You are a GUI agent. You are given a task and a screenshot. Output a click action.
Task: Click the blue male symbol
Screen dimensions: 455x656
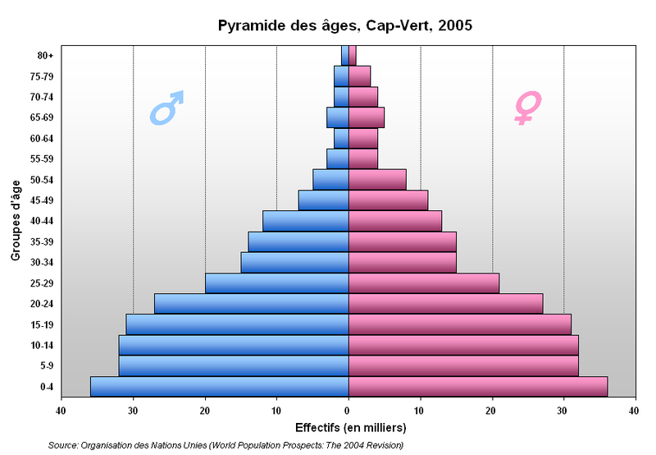tap(166, 108)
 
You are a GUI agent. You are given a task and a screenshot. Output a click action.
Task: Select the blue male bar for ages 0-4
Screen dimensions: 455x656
tap(219, 386)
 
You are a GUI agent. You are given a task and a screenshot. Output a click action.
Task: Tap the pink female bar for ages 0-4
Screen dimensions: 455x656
tap(478, 386)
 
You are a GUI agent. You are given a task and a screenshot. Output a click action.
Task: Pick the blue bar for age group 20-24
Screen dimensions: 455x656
tap(251, 303)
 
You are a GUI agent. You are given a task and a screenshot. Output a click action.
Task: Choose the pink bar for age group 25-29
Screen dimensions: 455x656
tap(424, 283)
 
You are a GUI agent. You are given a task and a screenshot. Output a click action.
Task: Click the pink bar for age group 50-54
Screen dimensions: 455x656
tap(377, 179)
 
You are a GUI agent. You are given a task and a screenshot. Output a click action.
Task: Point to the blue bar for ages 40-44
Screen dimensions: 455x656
tap(305, 221)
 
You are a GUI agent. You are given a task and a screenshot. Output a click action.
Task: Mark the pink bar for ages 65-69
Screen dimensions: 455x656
tap(367, 117)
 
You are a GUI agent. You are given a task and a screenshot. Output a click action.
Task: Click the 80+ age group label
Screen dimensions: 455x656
tap(46, 56)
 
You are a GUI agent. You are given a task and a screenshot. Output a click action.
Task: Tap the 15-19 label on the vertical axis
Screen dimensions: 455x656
tap(43, 324)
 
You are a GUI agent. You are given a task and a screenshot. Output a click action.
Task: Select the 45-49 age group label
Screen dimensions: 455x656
tap(43, 200)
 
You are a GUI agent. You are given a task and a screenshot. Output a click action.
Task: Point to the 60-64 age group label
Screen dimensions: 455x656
tap(43, 139)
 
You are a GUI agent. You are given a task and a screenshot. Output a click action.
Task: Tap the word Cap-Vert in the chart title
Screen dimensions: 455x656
tap(400, 25)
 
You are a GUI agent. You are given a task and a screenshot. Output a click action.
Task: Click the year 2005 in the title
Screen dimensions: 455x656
tap(456, 25)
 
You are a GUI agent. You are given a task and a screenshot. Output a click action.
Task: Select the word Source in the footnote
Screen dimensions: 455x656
tap(63, 445)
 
